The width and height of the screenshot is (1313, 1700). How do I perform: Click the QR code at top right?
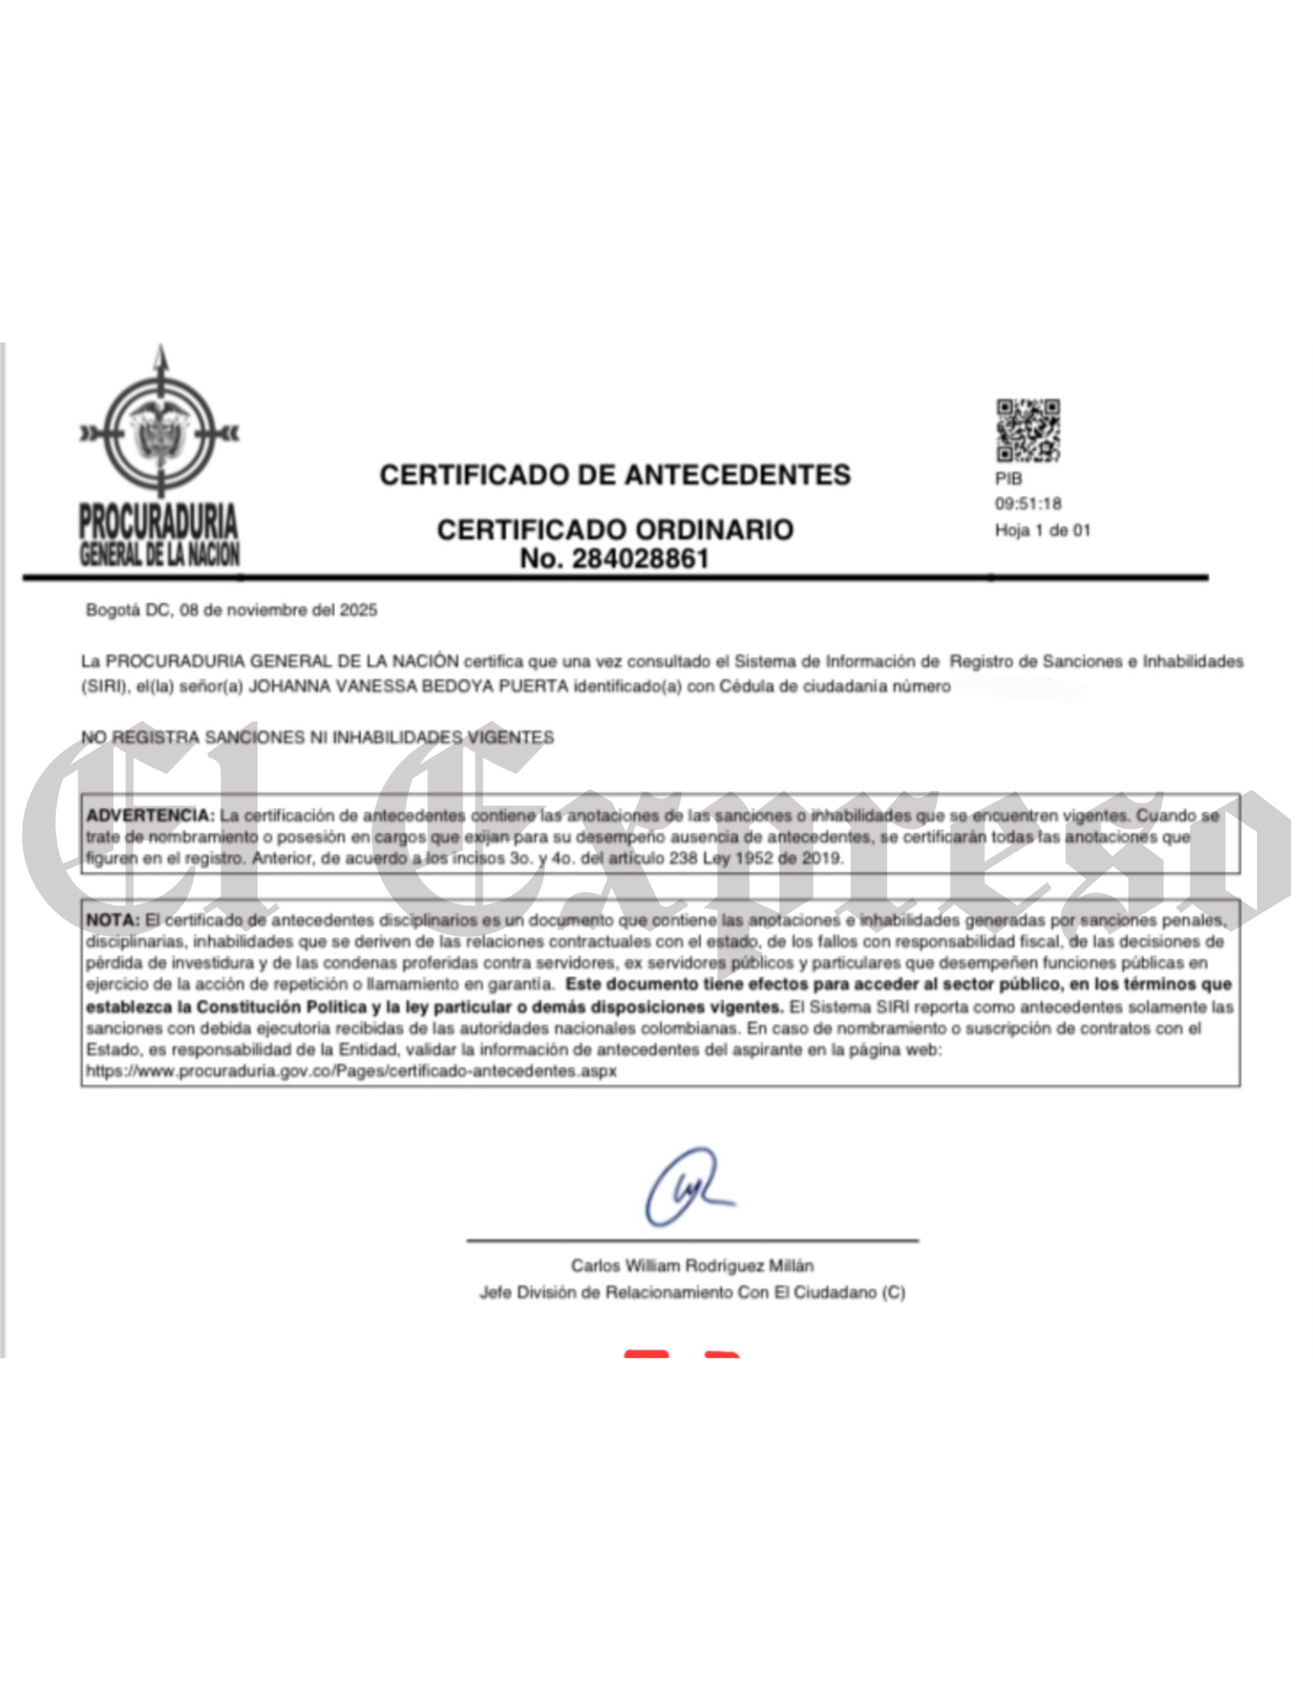pos(1027,430)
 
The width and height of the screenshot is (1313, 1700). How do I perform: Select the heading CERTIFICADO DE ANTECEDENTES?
pos(614,474)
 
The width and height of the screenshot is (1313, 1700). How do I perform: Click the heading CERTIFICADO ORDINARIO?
pos(614,530)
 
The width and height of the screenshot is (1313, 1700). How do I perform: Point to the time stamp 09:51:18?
pos(1028,504)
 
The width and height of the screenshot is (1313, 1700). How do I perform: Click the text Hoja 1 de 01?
pos(1042,530)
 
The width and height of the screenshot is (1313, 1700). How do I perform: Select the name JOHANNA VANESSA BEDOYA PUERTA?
pos(407,687)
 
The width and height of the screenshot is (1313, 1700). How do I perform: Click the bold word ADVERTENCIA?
pos(150,815)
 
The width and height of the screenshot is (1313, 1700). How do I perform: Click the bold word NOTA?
pos(112,921)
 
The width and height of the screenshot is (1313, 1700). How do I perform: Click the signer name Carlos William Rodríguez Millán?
pos(692,1266)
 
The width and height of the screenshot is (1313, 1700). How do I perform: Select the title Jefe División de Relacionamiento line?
pos(692,1293)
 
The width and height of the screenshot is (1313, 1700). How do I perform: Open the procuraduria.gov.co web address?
pos(351,1071)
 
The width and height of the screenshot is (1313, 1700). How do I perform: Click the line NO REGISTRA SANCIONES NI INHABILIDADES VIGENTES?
pos(317,738)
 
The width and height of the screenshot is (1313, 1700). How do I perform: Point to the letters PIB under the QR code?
pos(1009,479)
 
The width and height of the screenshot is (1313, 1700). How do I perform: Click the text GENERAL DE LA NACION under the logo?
pos(160,555)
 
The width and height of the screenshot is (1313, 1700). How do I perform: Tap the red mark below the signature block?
pos(680,1354)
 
